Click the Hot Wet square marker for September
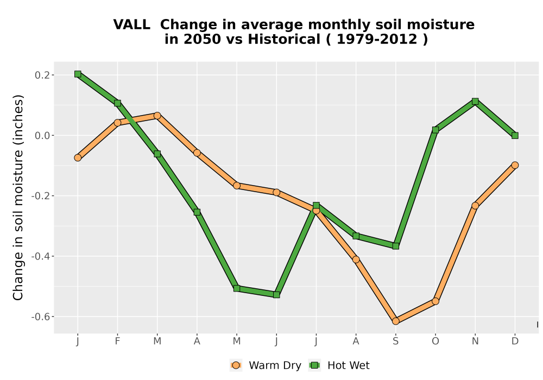pos(395,246)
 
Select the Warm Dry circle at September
pos(395,321)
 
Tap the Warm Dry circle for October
pos(435,301)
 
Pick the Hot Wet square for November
pos(475,101)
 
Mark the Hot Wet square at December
pos(515,135)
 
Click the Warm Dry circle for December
pos(515,165)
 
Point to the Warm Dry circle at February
pos(117,123)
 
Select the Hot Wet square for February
pos(117,103)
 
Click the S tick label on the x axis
pos(395,341)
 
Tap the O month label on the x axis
pos(435,341)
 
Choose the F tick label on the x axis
pos(117,341)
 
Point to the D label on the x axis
pos(515,341)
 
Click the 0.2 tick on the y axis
pos(42,75)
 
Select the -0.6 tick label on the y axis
pos(41,316)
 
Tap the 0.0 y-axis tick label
pos(42,135)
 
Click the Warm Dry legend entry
pos(266,365)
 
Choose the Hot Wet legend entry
pos(339,365)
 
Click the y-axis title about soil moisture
pos(18,197)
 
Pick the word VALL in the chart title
pos(131,24)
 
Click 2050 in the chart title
pos(202,39)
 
